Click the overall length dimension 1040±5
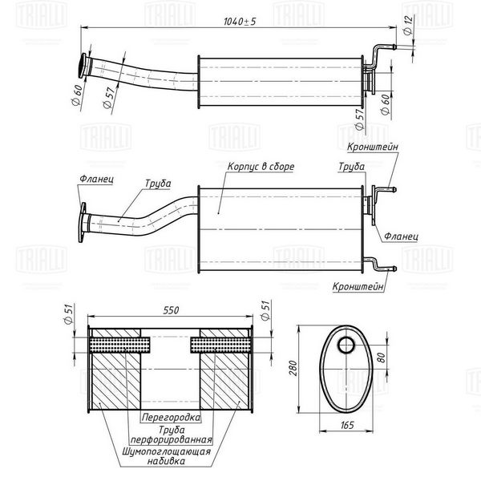(x=239, y=22)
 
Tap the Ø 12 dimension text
(x=408, y=25)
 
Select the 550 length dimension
(x=171, y=310)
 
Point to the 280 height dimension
(x=293, y=368)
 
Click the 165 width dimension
(x=347, y=425)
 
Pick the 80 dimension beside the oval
(x=381, y=357)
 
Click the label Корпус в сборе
(x=261, y=167)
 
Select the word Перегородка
(x=172, y=417)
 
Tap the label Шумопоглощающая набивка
(x=166, y=456)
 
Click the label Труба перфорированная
(x=172, y=435)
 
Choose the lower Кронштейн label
(x=358, y=286)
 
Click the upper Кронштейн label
(x=373, y=147)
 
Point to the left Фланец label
(x=96, y=179)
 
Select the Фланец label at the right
(x=401, y=236)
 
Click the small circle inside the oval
(x=346, y=345)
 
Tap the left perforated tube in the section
(x=119, y=345)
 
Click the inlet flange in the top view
(x=83, y=66)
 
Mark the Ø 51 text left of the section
(x=68, y=313)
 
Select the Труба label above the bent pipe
(x=158, y=184)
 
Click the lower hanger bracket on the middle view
(x=379, y=264)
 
